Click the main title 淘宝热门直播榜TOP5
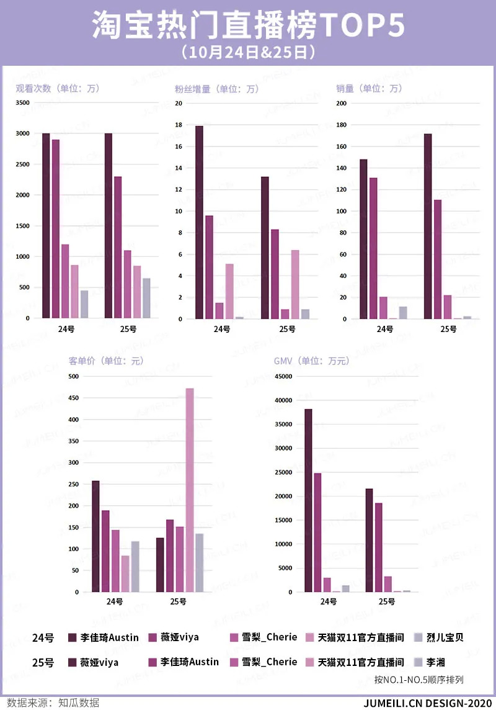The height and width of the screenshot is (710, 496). click(248, 25)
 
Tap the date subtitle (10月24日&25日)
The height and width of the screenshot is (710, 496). click(248, 52)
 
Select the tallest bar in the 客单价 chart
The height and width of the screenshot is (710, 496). click(190, 490)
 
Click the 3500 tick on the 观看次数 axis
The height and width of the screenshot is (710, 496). click(22, 103)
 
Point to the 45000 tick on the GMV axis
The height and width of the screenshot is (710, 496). click(282, 377)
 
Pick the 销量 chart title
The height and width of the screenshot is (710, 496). click(369, 89)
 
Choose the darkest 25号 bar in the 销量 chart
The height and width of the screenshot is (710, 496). click(428, 226)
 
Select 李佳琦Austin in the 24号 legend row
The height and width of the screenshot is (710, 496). click(109, 637)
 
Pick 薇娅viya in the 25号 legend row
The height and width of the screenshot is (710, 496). click(99, 662)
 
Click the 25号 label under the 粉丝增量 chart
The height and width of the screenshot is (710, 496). click(287, 329)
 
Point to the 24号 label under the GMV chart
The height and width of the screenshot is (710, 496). click(328, 601)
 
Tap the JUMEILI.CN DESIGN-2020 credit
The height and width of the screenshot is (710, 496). click(428, 703)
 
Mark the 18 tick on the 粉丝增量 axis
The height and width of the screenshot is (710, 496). click(179, 125)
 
